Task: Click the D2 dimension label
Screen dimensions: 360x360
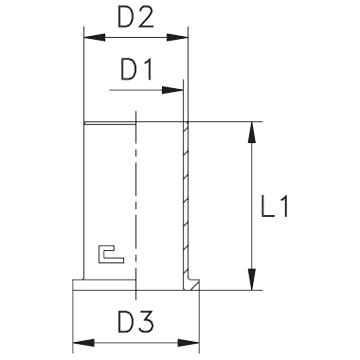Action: (135, 17)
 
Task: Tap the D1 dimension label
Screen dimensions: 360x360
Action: (136, 69)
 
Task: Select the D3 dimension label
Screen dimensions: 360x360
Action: (135, 322)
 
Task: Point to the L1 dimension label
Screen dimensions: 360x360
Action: (275, 207)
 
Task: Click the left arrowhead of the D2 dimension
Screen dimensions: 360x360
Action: (95, 37)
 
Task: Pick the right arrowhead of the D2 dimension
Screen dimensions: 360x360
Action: (177, 37)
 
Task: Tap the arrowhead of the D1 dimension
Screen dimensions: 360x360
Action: (172, 90)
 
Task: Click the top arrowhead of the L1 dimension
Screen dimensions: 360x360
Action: (252, 133)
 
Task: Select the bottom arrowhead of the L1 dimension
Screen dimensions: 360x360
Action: (252, 279)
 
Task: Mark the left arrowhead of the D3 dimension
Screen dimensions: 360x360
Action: (83, 343)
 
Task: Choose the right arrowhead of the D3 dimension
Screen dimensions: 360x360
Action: (189, 343)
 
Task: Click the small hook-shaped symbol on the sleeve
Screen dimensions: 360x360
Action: (111, 254)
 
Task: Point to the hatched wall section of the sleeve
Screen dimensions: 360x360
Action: (186, 201)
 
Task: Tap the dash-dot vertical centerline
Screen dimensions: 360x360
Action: (135, 206)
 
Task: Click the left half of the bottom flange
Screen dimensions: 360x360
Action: (104, 284)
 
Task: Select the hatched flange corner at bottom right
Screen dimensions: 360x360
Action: (191, 284)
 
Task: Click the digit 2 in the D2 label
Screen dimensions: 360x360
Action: (146, 17)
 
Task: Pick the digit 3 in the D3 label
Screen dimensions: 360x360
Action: (146, 322)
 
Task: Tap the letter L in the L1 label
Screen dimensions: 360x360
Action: (267, 207)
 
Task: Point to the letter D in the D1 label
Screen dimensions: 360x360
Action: (129, 69)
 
